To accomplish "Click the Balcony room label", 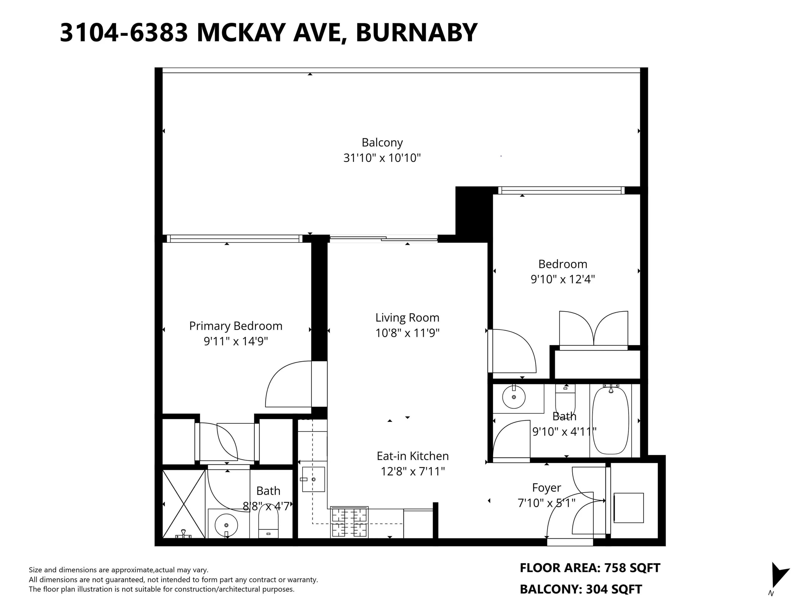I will tap(382, 142).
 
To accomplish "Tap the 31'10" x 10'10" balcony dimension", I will tap(382, 158).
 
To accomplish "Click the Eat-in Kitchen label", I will tap(412, 456).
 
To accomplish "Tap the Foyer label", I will tap(546, 488).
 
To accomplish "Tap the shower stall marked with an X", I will tap(184, 504).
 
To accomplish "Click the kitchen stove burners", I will tap(349, 522).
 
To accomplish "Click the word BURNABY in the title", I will tap(416, 33).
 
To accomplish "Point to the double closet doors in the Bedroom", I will tap(593, 329).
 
